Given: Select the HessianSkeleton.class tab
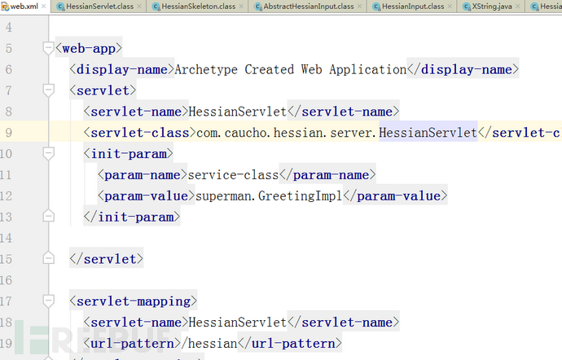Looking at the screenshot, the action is tap(198, 6).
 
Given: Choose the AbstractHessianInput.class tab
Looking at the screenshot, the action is tap(308, 6).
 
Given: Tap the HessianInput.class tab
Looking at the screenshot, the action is tap(412, 6).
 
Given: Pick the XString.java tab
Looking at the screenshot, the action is tap(491, 6).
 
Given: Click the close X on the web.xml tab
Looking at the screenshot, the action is tap(43, 6).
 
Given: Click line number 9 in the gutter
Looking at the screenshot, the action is tap(9, 133).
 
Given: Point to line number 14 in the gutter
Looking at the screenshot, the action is tap(6, 238).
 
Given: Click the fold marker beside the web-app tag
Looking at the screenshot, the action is tap(48, 48).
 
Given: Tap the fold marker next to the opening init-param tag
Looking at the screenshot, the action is tap(48, 153).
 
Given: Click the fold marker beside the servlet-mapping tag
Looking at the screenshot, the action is tap(48, 301).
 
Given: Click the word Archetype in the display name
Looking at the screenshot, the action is tap(206, 69).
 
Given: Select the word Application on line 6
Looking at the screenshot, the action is tap(368, 69).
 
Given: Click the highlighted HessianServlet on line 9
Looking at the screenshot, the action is tap(428, 133).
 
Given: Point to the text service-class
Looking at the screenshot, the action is tap(233, 175).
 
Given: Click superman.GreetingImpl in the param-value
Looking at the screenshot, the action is tap(269, 195).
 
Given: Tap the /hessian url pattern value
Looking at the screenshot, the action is tap(209, 344).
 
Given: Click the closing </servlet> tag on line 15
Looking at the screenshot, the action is tap(107, 259).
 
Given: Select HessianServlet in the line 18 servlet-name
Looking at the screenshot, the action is tap(238, 322).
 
